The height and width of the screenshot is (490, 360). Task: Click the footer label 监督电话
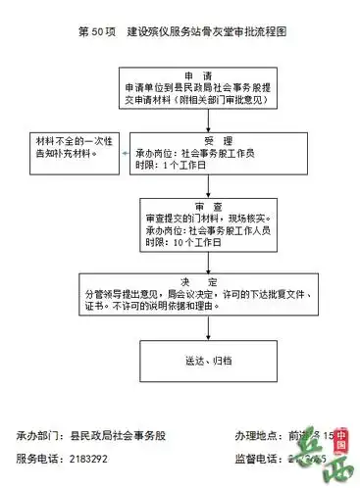[x=258, y=458]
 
